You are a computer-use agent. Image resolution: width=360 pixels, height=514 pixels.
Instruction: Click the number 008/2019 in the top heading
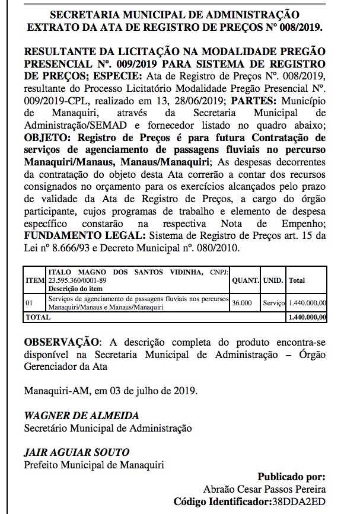(x=303, y=27)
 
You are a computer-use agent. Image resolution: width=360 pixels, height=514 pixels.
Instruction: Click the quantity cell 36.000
(x=242, y=303)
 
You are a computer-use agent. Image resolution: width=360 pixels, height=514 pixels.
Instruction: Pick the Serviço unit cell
(x=274, y=303)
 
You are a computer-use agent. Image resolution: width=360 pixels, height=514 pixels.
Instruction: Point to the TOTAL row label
(x=37, y=317)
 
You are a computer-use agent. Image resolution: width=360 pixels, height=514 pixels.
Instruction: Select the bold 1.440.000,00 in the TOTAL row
(x=307, y=317)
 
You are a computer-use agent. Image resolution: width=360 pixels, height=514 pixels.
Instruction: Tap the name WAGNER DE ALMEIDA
(x=81, y=415)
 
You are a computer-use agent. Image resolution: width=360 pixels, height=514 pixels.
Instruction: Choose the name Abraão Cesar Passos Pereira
(x=265, y=490)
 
